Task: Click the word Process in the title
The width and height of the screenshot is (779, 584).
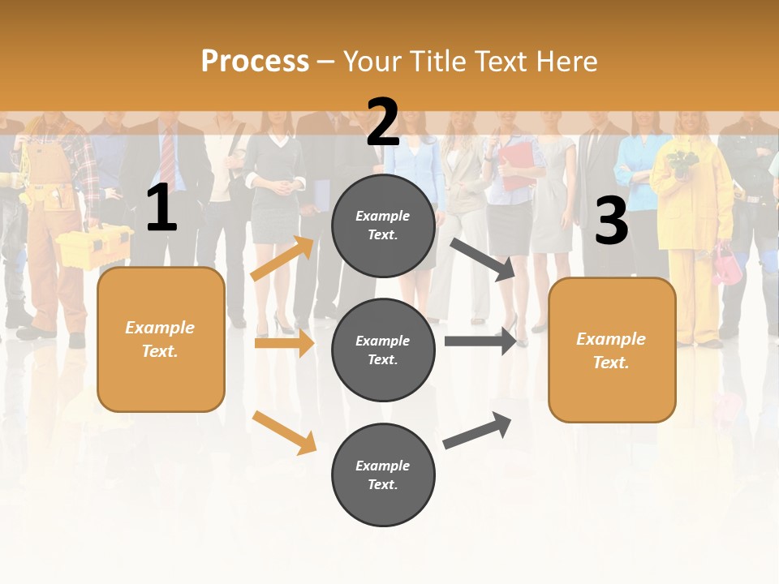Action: click(255, 61)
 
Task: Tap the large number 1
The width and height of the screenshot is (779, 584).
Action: click(161, 208)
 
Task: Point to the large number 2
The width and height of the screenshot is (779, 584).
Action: click(383, 122)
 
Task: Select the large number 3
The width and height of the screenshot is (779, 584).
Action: click(611, 221)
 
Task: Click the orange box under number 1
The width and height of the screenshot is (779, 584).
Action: click(161, 339)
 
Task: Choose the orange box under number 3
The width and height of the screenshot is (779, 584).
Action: click(612, 350)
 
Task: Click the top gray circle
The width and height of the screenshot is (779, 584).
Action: click(383, 225)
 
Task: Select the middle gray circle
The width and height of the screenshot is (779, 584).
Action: click(383, 350)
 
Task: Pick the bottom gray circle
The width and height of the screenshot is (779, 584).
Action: click(383, 474)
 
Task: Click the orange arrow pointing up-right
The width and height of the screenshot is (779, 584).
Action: click(282, 259)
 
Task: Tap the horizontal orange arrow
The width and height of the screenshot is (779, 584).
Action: click(284, 344)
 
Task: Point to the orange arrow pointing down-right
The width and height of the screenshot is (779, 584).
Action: click(284, 432)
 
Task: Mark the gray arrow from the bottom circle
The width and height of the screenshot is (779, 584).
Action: click(477, 431)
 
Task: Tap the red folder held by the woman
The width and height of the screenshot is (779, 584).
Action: click(516, 163)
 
